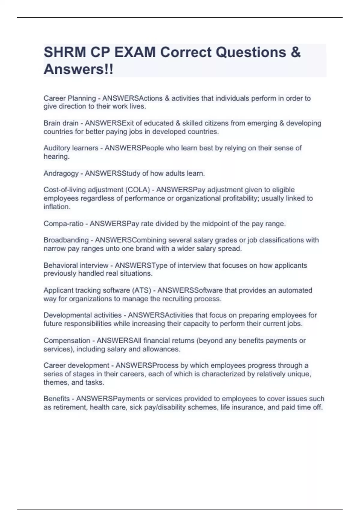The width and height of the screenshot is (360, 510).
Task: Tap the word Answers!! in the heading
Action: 79,69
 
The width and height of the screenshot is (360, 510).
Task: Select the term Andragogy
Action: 61,173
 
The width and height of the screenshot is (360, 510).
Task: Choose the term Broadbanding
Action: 66,240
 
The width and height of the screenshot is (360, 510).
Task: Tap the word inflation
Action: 57,207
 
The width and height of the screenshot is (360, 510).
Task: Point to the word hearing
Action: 56,157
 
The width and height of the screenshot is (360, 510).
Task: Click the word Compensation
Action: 67,341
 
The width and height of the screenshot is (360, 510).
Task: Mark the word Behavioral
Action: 61,265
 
